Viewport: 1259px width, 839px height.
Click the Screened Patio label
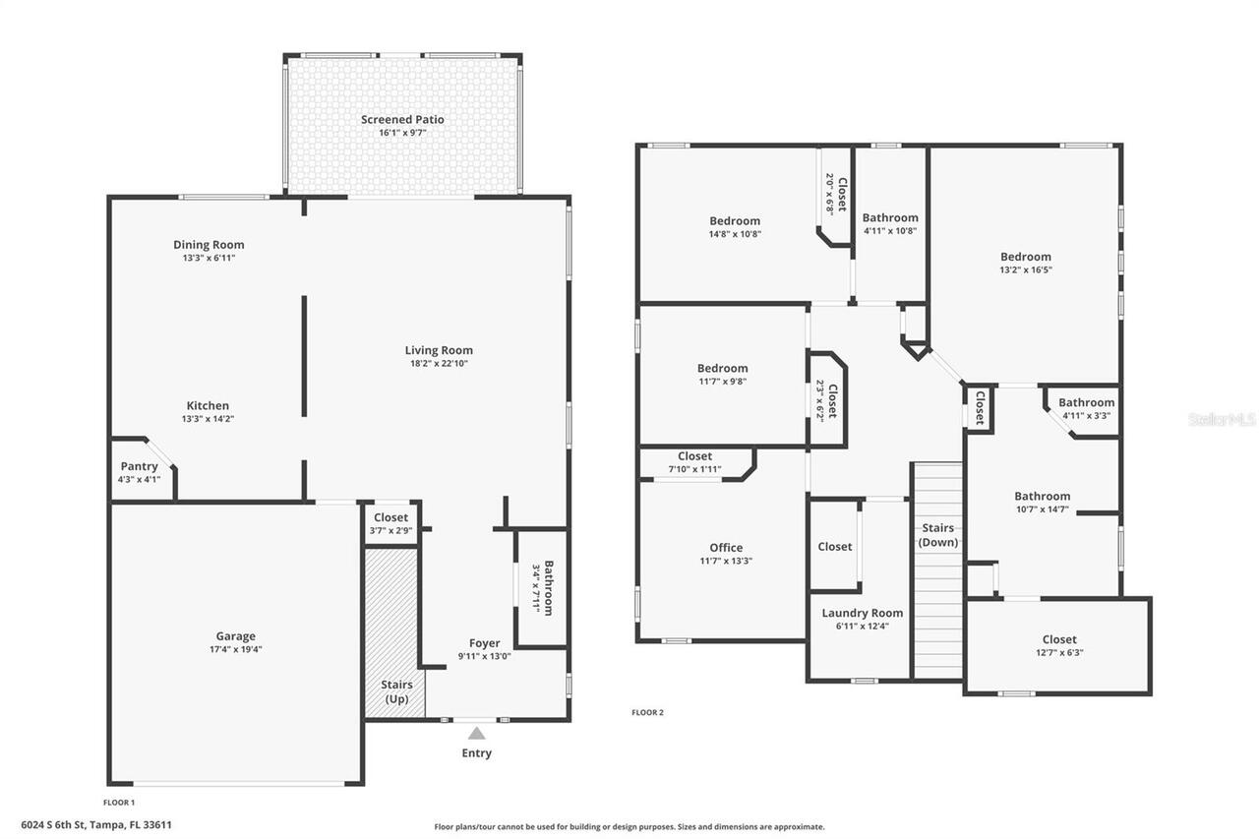(401, 120)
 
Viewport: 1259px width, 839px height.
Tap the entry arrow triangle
(476, 733)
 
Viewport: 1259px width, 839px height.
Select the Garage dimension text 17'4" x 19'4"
(236, 649)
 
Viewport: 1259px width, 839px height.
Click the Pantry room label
(139, 466)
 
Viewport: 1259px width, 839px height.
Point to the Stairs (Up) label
(396, 691)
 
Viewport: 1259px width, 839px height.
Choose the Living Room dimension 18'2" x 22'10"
(439, 363)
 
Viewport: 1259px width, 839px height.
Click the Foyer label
(484, 643)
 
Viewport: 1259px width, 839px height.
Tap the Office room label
(726, 548)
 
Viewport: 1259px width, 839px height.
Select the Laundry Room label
(862, 613)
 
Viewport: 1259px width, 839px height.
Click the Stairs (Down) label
(937, 535)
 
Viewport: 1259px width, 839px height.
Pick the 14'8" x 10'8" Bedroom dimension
(735, 234)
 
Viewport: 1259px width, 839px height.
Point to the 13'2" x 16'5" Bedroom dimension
(1026, 270)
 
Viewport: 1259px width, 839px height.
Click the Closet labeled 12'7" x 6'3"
(1059, 639)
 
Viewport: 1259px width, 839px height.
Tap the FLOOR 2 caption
(647, 713)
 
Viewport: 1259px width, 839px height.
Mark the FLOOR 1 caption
(119, 803)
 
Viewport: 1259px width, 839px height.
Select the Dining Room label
(209, 245)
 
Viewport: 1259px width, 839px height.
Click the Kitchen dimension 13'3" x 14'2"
(208, 419)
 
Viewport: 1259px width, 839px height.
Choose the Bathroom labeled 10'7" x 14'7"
(1043, 497)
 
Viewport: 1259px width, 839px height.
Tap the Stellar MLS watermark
(1222, 419)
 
